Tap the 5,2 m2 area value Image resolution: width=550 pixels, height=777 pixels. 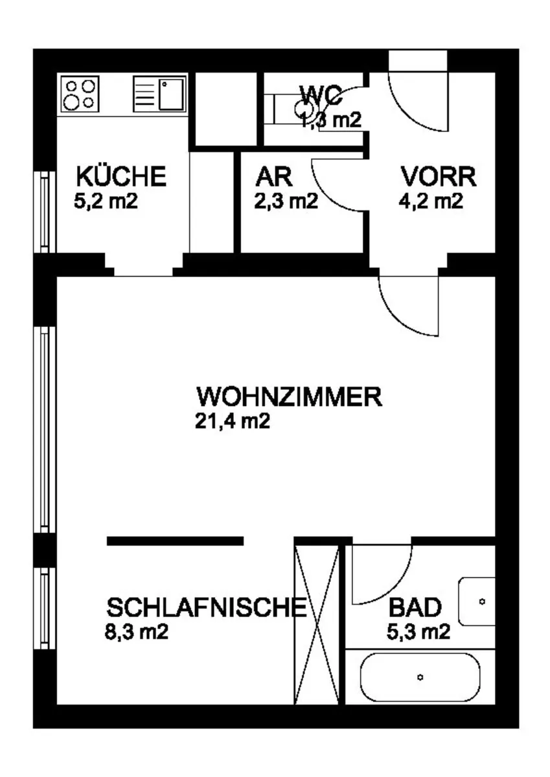[x=106, y=201]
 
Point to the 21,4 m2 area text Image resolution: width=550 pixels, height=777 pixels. [x=233, y=422]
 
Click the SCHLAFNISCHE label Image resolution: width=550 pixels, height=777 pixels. [x=207, y=607]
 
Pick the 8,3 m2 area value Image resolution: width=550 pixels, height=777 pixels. [x=137, y=631]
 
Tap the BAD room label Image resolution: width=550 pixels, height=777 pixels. [x=415, y=607]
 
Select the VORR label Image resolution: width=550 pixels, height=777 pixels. [x=439, y=177]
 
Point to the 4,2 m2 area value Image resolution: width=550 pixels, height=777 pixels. [x=431, y=201]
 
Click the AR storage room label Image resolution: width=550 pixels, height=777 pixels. [x=274, y=177]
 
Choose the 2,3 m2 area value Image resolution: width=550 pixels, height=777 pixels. [x=286, y=201]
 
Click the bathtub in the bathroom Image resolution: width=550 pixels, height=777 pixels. [x=420, y=677]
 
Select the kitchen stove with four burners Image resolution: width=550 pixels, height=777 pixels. [x=80, y=94]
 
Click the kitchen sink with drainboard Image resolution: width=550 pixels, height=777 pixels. [x=159, y=94]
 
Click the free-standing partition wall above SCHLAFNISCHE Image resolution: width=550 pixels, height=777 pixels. [x=175, y=541]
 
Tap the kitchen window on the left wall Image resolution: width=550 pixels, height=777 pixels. [x=45, y=212]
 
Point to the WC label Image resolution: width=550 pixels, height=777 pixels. [x=321, y=95]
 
